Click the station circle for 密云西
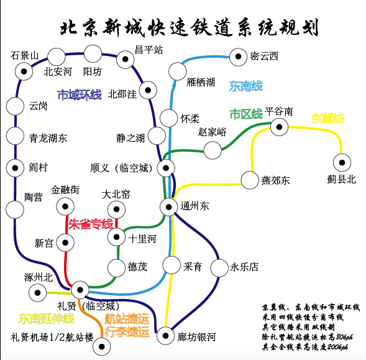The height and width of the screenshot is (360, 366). coord(238,57)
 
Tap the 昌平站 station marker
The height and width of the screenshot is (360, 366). coord(126,59)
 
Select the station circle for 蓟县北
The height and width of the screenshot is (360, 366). coord(342,163)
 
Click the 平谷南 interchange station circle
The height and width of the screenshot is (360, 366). coord(279,127)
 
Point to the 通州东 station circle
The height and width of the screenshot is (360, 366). coord(169,207)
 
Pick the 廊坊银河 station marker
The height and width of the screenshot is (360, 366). coord(165,336)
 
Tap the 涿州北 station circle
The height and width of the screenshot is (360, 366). coord(37,292)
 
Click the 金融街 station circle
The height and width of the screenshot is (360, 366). coord(65,206)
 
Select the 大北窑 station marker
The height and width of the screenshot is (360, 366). coord(116,210)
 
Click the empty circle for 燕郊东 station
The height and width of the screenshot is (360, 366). coord(250,180)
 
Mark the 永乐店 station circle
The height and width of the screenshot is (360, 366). coord(219,268)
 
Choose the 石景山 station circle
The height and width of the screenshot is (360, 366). coord(24,72)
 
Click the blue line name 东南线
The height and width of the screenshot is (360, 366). coord(246,86)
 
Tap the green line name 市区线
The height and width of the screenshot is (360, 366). coord(246,114)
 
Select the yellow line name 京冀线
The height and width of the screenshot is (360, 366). coord(327,118)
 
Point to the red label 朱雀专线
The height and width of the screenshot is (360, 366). coord(91,224)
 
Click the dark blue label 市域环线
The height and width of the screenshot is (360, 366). coord(80,95)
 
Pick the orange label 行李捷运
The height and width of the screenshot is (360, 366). coord(127,331)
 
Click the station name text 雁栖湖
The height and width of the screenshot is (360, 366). coord(201,83)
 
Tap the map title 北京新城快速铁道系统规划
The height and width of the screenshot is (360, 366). coord(190,27)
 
